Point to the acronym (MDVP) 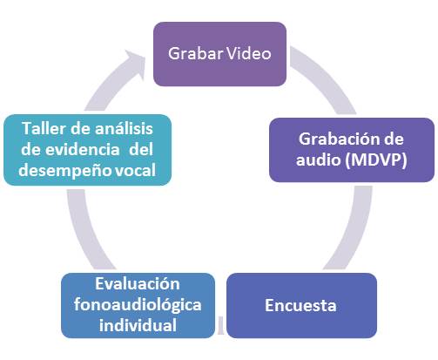pyautogui.click(x=376, y=160)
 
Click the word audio pyautogui.click(x=318, y=160)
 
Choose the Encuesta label pyautogui.click(x=300, y=305)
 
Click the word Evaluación pyautogui.click(x=138, y=284)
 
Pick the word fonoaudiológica pyautogui.click(x=138, y=305)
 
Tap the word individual pyautogui.click(x=138, y=325)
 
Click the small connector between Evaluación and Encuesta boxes pyautogui.click(x=220, y=325)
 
